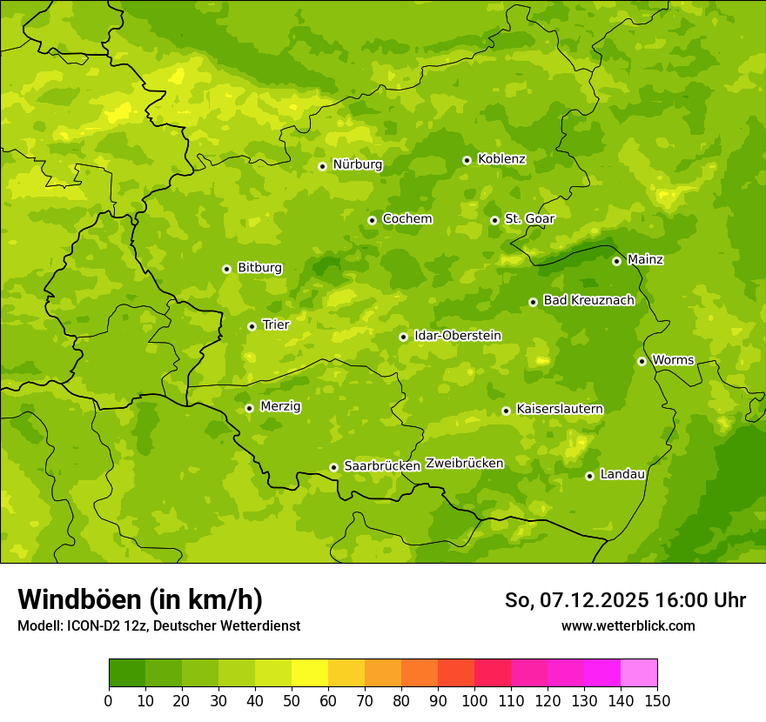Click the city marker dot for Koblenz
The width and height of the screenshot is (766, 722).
(x=467, y=160)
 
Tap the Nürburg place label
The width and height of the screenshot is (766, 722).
(x=357, y=164)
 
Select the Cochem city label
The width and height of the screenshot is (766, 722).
(x=407, y=218)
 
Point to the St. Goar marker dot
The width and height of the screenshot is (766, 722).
(x=494, y=220)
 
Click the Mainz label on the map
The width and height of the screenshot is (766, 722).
(x=645, y=259)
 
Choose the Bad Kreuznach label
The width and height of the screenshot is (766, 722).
(x=588, y=300)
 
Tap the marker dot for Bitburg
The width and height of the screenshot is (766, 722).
(x=226, y=269)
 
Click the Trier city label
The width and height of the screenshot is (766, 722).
(x=275, y=324)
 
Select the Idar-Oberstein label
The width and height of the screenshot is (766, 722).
(x=458, y=336)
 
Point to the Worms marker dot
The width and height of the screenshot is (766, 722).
(x=642, y=361)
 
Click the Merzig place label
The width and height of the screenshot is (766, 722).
(x=280, y=406)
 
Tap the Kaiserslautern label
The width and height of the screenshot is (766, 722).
(x=559, y=409)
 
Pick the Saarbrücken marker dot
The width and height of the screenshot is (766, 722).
(x=333, y=467)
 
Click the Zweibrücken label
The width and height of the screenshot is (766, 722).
(x=464, y=464)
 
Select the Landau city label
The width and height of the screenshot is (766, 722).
(x=622, y=474)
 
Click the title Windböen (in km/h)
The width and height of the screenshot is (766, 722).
(x=140, y=599)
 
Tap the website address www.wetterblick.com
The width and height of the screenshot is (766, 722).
(x=628, y=625)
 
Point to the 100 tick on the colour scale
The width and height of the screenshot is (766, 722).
(x=474, y=700)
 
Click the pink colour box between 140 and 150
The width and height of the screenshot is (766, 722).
(x=639, y=673)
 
